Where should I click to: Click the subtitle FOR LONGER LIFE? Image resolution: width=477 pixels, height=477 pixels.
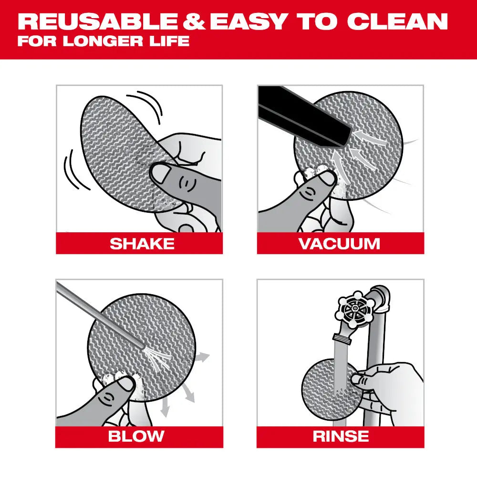point(103,41)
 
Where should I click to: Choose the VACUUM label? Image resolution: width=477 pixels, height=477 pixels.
point(340,244)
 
